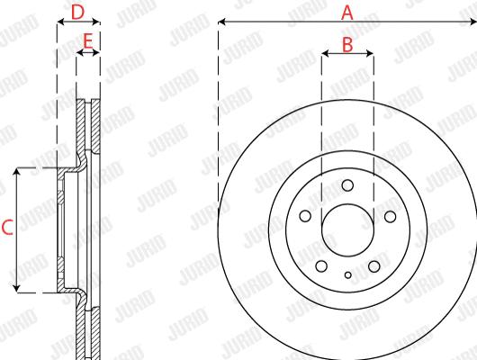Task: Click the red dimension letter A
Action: click(x=346, y=12)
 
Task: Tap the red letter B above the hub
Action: click(x=346, y=42)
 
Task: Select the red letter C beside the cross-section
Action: click(x=7, y=229)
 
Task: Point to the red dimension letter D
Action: click(x=77, y=12)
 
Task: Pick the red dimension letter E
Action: click(x=87, y=40)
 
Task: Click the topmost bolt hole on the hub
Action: click(x=346, y=185)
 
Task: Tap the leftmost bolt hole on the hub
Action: click(x=305, y=216)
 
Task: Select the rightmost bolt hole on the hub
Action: click(x=390, y=216)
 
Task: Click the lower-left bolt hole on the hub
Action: click(x=321, y=266)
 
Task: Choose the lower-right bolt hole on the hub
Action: click(x=373, y=266)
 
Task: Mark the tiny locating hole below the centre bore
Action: click(x=347, y=274)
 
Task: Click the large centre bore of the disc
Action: click(x=347, y=230)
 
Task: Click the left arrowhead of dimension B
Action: click(x=325, y=54)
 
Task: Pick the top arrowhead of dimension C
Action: click(x=17, y=172)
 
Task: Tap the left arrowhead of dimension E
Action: click(x=80, y=54)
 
